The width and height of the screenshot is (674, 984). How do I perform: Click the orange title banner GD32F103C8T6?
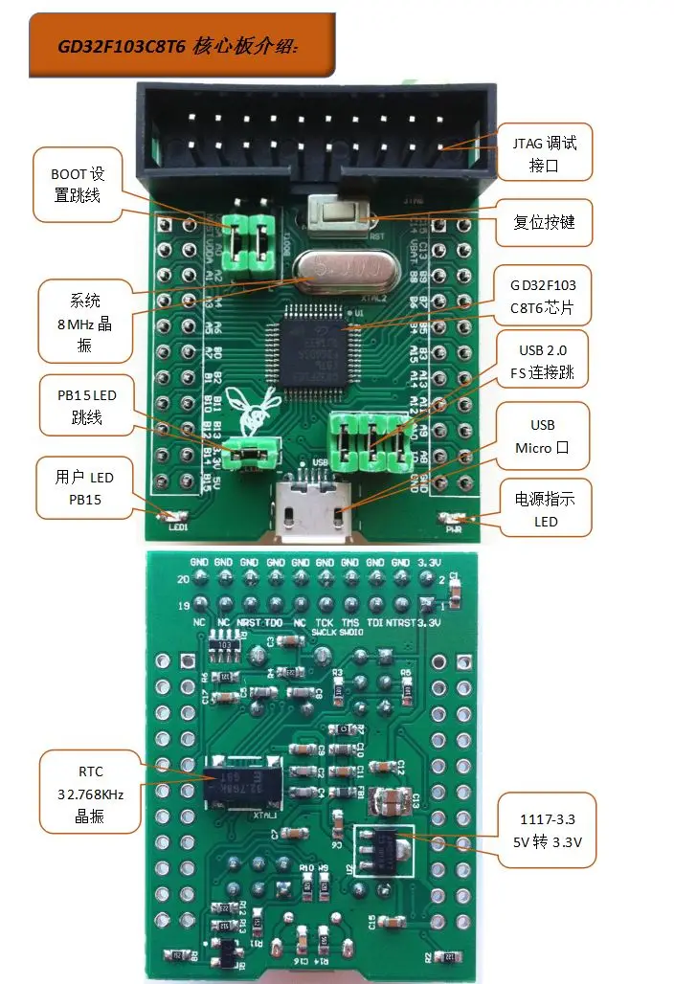pos(182,46)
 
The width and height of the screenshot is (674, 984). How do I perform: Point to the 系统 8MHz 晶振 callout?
pos(84,322)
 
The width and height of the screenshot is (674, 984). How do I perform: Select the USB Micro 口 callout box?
pos(542,436)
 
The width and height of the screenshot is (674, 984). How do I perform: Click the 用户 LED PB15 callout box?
pos(84,487)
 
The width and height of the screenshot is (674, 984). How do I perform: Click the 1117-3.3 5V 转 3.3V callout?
pos(547,832)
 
